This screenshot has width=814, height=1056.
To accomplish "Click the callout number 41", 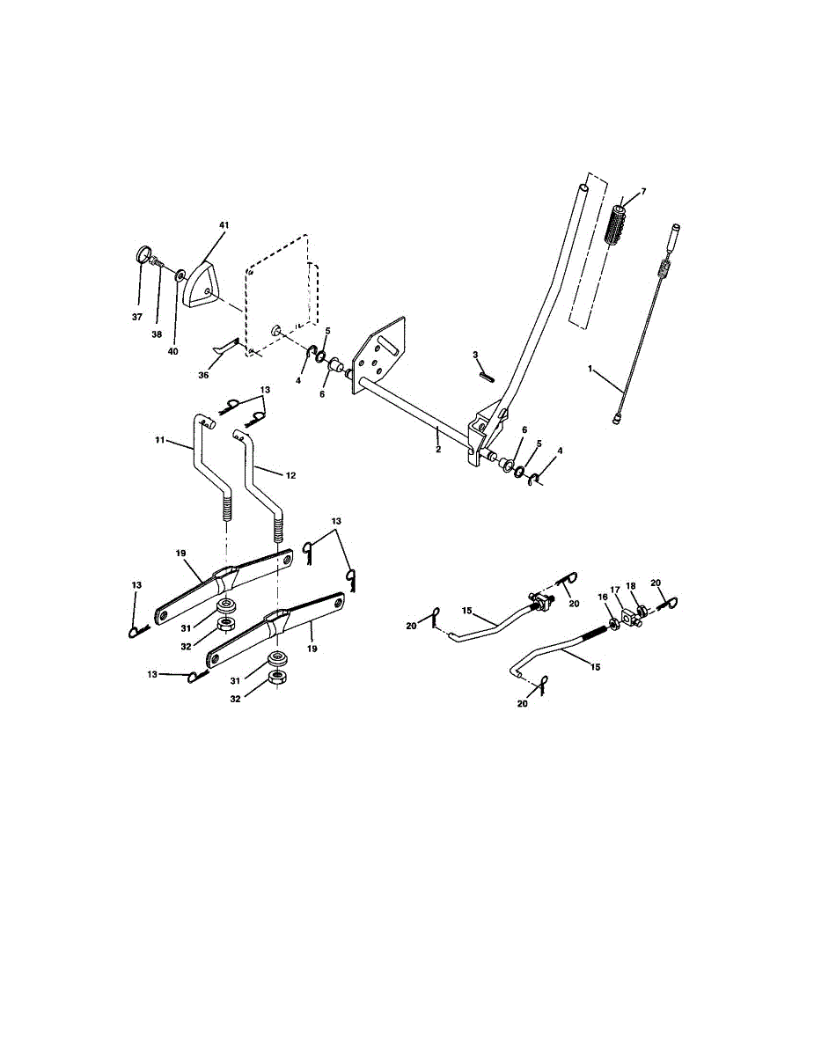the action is point(224,225).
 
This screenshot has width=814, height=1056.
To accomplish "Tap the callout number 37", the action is point(137,317).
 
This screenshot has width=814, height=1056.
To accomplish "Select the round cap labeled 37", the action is point(141,254).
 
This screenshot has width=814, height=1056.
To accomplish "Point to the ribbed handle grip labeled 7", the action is point(616,226).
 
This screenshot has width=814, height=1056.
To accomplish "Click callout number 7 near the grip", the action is point(643,192).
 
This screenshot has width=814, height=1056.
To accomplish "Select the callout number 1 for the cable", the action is point(590,369).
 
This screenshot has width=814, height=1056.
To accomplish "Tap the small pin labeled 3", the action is point(488,376).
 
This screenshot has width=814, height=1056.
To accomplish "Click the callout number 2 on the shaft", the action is point(438,450).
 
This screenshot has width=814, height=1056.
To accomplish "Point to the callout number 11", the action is point(160,440).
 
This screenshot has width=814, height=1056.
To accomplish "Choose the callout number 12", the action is point(290,476).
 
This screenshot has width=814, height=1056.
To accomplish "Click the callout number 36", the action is point(203,375).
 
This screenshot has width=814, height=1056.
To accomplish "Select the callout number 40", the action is point(173,351).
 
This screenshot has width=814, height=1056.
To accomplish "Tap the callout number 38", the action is point(157,334).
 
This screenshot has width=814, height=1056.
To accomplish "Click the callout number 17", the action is point(615,590).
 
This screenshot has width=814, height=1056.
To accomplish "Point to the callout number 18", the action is point(631,587).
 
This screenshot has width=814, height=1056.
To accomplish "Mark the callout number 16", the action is point(603,597).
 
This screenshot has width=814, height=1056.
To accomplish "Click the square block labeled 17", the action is point(630,619).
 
